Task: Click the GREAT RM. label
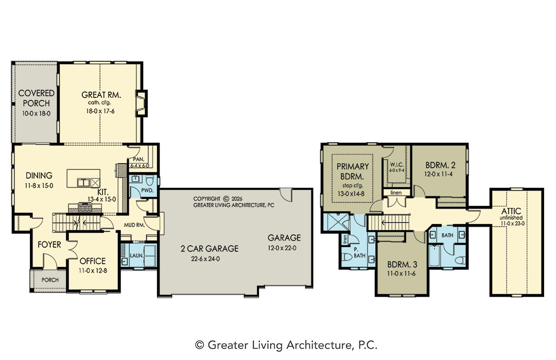tap(101, 95)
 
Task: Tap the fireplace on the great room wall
tap(142, 103)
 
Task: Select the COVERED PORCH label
tap(36, 98)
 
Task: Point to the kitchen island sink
tap(84, 183)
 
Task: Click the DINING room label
tap(39, 175)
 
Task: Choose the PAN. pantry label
tap(138, 159)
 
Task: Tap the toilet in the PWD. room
tap(149, 181)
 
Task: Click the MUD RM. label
tap(134, 225)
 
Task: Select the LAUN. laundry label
tap(136, 255)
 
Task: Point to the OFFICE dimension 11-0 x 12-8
tap(93, 270)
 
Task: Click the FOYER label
tap(49, 244)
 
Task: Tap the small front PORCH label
tap(50, 280)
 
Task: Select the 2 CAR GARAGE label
tap(209, 249)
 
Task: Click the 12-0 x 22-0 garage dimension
tap(282, 248)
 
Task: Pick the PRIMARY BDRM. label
tap(353, 171)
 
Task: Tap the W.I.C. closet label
tap(397, 165)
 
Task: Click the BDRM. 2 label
tap(440, 165)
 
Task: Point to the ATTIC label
tap(511, 211)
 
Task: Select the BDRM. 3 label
tap(402, 264)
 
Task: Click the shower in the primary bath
tap(336, 223)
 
